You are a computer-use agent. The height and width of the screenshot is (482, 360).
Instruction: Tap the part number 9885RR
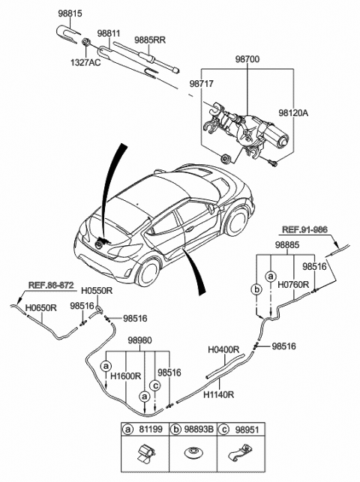coord(150,40)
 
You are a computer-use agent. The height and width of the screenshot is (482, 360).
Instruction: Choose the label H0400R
coord(223,349)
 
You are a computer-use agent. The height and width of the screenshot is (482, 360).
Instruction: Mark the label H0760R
coord(293,286)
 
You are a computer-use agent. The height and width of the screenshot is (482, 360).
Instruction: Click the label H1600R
coord(126,376)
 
